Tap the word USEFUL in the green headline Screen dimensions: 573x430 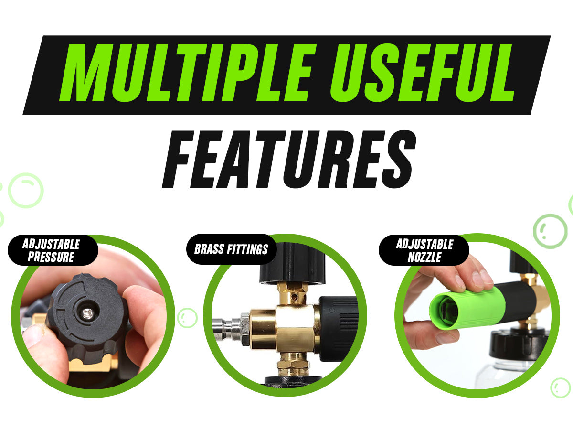coord(422,73)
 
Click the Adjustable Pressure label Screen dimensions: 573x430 coord(51,250)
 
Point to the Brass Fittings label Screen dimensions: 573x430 coord(231,249)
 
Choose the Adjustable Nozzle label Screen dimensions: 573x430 coord(424,250)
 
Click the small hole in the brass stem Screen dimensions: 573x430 coord(295,297)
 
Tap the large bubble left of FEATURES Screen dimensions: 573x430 coord(26,190)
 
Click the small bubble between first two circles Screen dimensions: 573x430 coord(187,318)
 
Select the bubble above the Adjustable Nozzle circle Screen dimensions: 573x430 coord(550,231)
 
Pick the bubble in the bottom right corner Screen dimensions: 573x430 coord(560,387)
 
